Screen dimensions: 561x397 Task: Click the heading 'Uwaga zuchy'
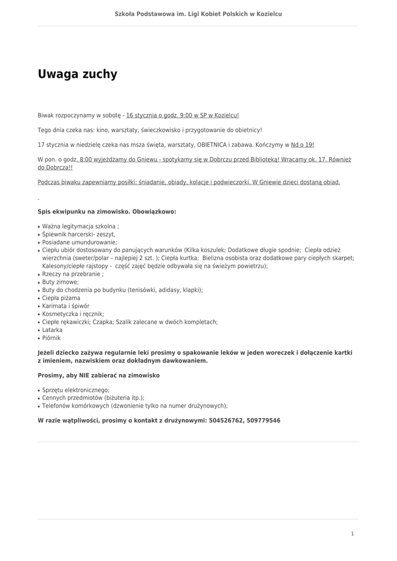pos(77,75)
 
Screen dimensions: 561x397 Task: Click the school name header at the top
pos(198,14)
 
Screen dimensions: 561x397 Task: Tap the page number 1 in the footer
pos(352,534)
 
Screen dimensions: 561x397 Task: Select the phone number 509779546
pos(262,421)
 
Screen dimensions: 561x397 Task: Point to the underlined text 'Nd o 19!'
pos(303,145)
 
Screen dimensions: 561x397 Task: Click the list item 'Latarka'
pos(52,330)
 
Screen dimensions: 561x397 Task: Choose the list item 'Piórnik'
pos(51,338)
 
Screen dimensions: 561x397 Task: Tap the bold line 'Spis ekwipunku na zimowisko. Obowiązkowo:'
pos(107,211)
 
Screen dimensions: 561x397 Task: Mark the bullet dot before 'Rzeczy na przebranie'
pos(39,274)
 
